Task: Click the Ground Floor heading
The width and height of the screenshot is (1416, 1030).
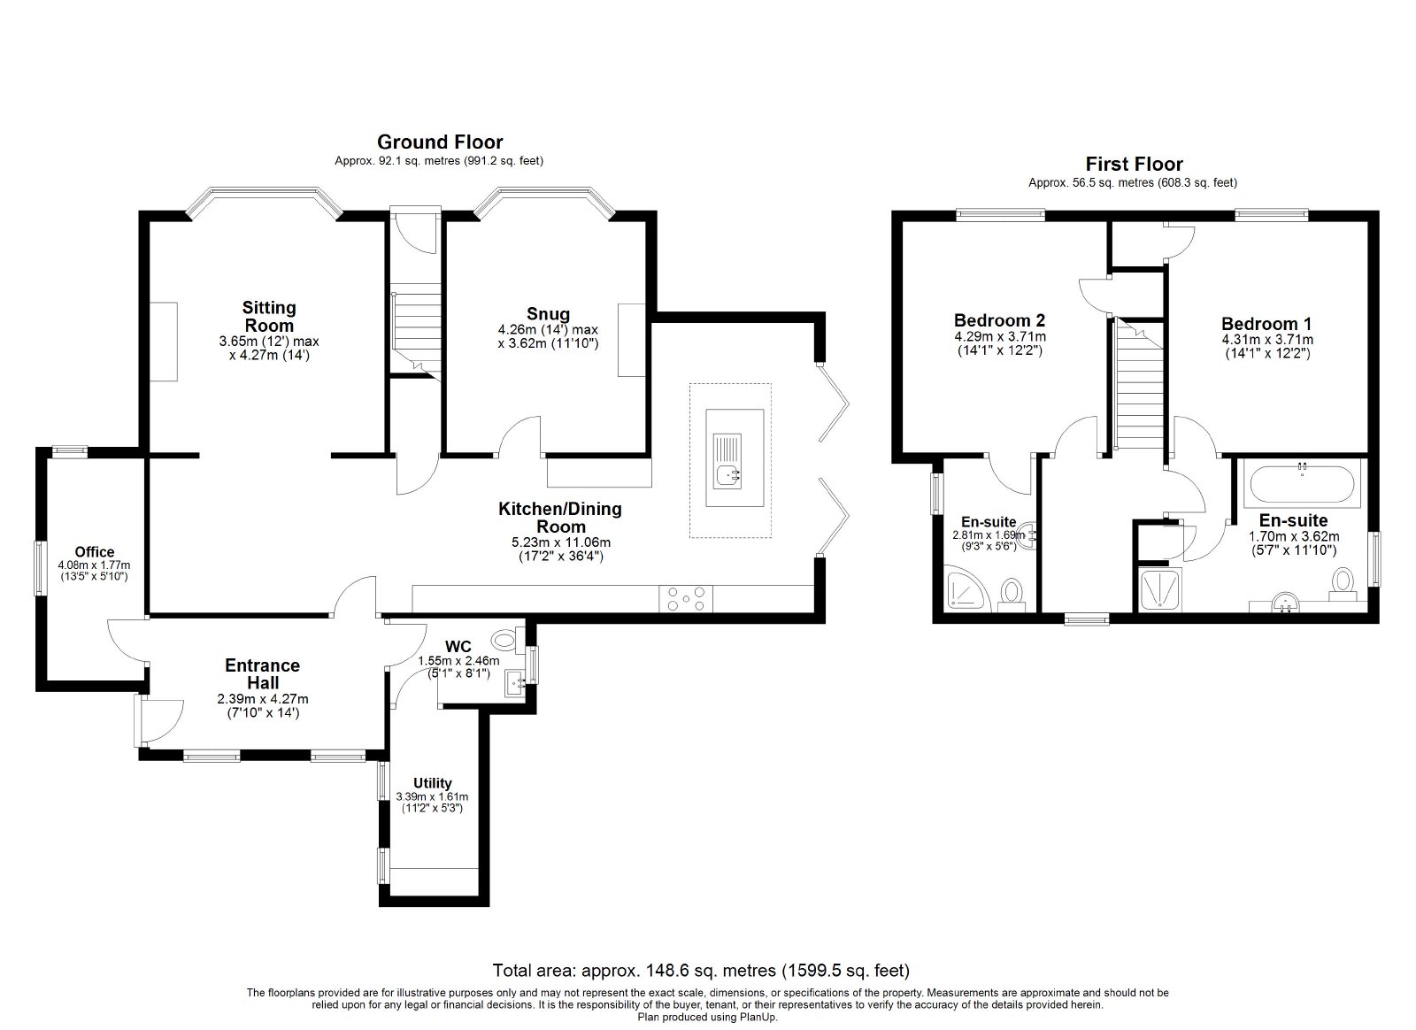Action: (440, 142)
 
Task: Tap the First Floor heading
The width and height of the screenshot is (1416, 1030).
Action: (1134, 165)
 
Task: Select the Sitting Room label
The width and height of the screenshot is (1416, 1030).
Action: (269, 317)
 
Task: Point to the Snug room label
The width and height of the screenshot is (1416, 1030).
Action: (548, 314)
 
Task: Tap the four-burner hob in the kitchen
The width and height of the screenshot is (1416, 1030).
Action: (686, 598)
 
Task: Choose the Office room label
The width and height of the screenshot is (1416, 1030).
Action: (95, 551)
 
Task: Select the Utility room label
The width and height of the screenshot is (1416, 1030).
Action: (433, 783)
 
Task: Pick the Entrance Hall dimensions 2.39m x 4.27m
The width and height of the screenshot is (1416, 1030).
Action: (263, 699)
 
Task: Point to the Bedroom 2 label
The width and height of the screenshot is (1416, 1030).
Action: (999, 319)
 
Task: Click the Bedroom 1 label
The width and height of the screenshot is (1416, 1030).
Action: (1266, 324)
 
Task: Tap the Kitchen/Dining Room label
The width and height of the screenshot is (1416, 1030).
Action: (560, 518)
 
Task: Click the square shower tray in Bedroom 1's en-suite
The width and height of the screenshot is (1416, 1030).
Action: (1160, 589)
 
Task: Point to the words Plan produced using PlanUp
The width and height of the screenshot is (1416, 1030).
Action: (707, 1017)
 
